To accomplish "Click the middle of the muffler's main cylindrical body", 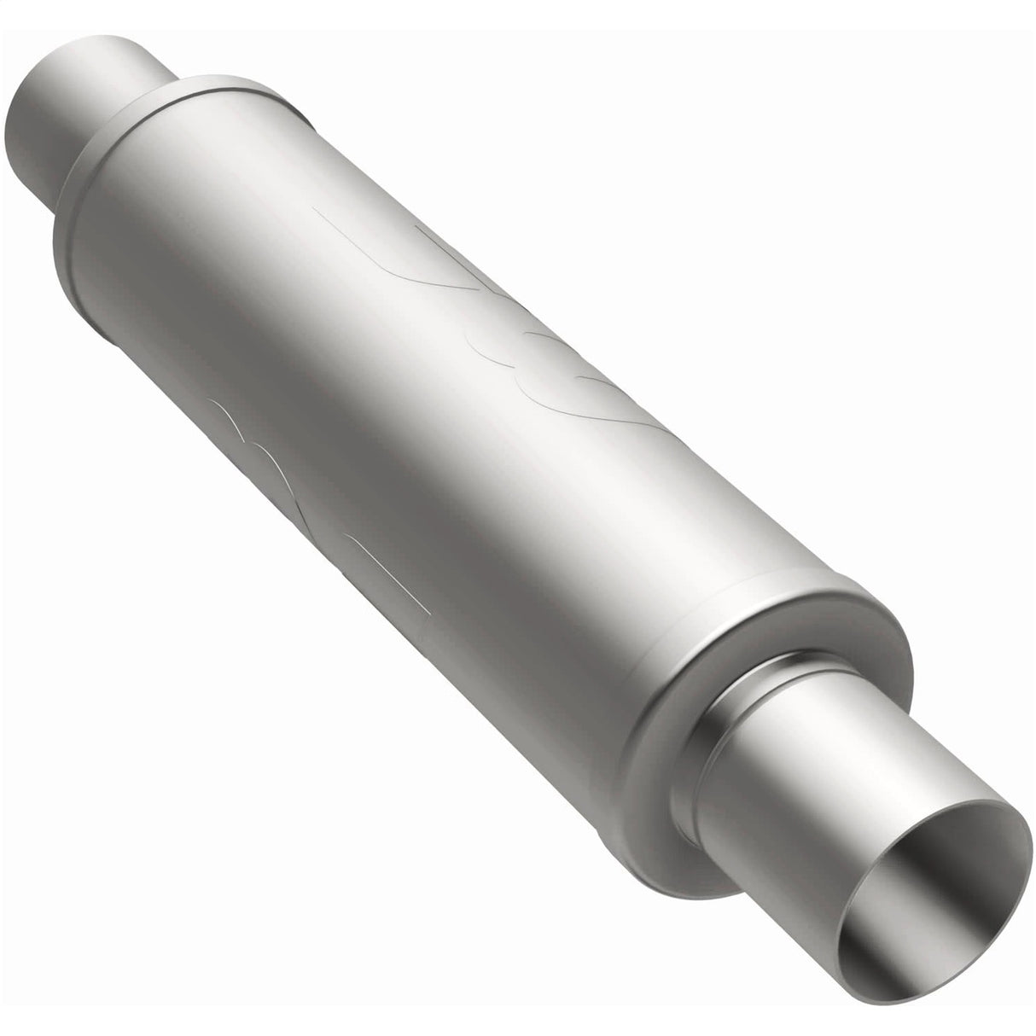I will click(427, 427).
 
